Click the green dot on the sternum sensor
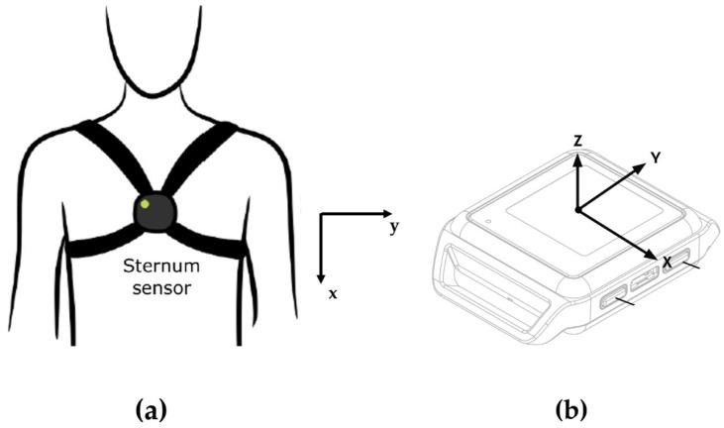[x=147, y=204]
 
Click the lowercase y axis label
[x=393, y=228]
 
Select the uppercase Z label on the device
[x=576, y=141]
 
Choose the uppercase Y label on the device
[x=655, y=157]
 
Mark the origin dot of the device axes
[x=577, y=209]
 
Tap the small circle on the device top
[x=489, y=217]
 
